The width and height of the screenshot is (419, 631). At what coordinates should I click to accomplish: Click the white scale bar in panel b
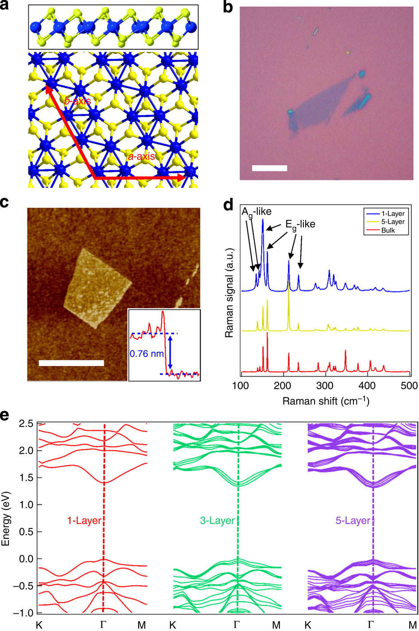click(269, 168)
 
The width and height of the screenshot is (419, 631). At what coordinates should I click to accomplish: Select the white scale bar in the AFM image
click(71, 363)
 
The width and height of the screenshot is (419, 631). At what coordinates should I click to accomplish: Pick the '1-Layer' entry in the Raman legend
click(392, 214)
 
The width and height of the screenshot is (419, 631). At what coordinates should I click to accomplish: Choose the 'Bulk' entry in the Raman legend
click(389, 230)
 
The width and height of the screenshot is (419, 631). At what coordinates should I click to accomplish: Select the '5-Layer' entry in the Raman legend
click(392, 222)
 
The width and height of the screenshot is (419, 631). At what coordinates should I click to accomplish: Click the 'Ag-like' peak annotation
click(256, 212)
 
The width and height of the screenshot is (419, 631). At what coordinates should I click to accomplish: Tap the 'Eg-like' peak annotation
click(300, 224)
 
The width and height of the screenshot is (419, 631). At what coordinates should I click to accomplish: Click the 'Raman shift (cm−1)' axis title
click(326, 401)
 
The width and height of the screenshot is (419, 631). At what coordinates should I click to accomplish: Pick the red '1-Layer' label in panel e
click(84, 521)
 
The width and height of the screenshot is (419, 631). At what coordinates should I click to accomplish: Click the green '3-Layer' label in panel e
click(217, 521)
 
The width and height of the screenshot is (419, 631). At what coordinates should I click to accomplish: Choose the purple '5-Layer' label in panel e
click(352, 521)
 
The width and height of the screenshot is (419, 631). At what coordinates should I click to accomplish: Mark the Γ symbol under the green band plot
click(237, 625)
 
